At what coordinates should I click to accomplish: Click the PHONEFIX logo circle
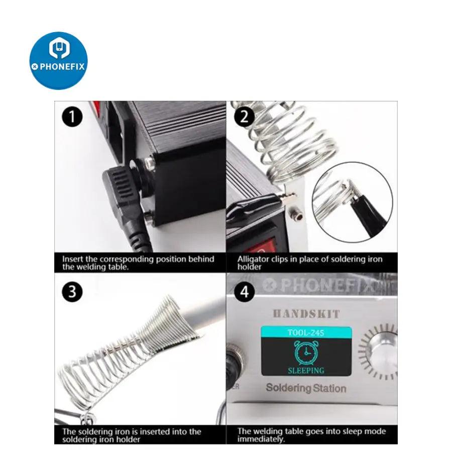pos(59,61)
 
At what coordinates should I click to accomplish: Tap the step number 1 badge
pos(72,117)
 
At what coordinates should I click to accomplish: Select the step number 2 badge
pos(244,117)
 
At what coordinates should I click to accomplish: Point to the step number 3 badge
pos(72,292)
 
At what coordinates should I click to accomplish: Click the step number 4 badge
pos(244,292)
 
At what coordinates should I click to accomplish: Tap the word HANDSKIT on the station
pos(306,313)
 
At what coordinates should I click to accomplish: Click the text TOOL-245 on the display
pos(306,332)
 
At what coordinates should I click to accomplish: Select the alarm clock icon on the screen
pos(306,353)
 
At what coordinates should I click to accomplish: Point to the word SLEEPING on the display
pos(306,371)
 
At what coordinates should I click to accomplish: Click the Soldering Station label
pos(306,388)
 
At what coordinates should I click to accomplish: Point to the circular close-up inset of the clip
pos(352,202)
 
